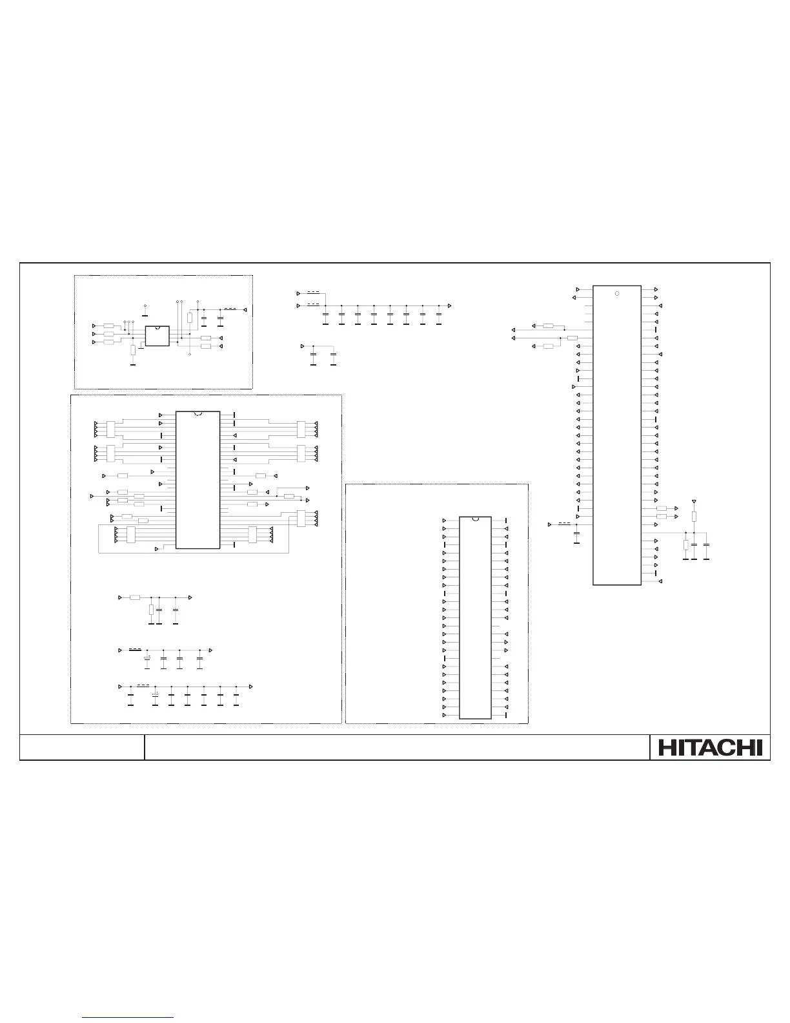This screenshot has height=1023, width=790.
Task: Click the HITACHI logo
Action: pyautogui.click(x=710, y=747)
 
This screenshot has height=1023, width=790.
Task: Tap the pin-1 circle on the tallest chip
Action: pyautogui.click(x=616, y=294)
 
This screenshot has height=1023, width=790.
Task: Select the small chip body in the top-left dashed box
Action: pyautogui.click(x=157, y=336)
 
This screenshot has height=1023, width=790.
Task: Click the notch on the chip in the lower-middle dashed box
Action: pyautogui.click(x=475, y=519)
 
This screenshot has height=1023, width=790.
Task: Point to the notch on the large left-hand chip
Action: pyautogui.click(x=198, y=413)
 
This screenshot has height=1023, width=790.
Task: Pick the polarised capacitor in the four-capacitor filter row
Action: pyautogui.click(x=147, y=658)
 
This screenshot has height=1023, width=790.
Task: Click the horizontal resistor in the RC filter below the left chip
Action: pyautogui.click(x=134, y=597)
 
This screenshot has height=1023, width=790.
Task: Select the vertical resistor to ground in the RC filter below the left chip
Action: pyautogui.click(x=151, y=610)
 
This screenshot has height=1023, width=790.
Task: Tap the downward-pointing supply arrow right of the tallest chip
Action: pyautogui.click(x=694, y=501)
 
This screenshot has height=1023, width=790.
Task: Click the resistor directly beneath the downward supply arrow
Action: pyautogui.click(x=694, y=516)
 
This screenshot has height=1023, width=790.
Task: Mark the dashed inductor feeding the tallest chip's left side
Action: pyautogui.click(x=564, y=523)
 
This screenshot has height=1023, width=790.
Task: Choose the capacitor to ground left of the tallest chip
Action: pyautogui.click(x=576, y=533)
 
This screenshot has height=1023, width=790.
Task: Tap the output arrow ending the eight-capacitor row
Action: pyautogui.click(x=449, y=305)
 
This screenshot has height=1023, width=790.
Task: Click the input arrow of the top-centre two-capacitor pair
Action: pyautogui.click(x=303, y=347)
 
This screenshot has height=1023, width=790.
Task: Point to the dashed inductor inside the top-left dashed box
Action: pyautogui.click(x=229, y=309)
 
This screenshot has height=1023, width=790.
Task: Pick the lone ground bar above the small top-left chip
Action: pyautogui.click(x=145, y=315)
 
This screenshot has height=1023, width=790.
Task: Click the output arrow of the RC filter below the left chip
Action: pyautogui.click(x=190, y=597)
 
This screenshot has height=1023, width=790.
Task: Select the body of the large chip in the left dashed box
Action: pyautogui.click(x=197, y=480)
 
